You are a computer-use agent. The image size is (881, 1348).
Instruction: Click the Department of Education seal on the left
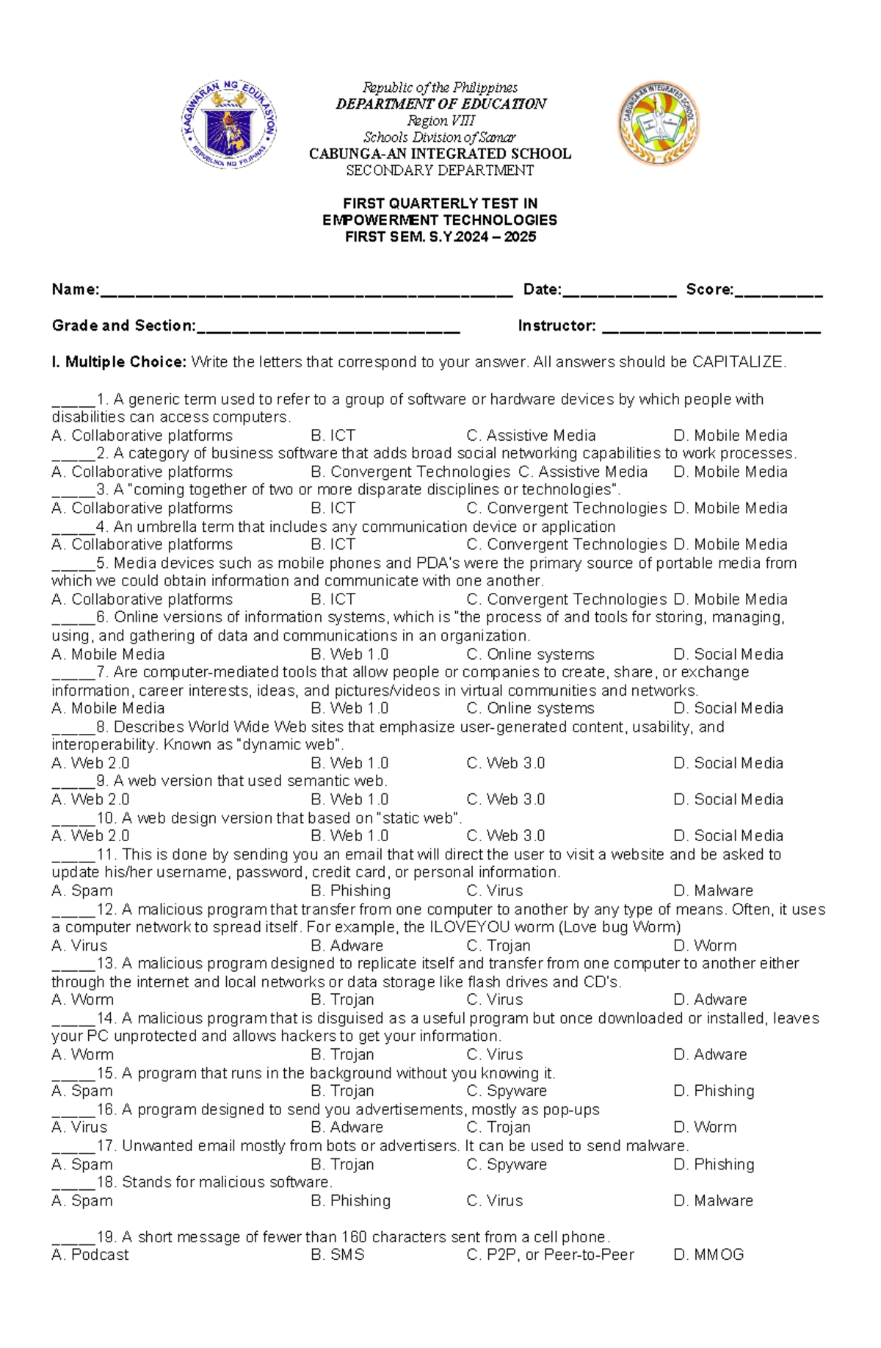(229, 124)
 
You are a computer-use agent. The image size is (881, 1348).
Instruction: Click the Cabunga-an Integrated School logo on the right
(658, 123)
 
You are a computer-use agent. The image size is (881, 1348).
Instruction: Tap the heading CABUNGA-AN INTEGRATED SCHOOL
(440, 154)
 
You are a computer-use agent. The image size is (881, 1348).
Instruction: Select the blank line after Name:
(305, 292)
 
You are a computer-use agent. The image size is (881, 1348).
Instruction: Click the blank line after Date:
(619, 292)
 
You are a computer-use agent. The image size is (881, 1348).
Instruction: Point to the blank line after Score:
(778, 292)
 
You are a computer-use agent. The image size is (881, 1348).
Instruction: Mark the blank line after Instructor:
(711, 329)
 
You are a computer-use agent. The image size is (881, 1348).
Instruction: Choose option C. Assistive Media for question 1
(531, 436)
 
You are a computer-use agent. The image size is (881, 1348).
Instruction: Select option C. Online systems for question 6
(530, 655)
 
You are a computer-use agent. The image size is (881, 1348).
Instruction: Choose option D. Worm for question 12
(705, 945)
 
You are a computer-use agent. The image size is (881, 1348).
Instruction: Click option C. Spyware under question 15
(507, 1091)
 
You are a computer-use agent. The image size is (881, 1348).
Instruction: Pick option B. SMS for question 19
(338, 1255)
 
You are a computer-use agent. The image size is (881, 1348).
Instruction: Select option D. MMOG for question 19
(708, 1255)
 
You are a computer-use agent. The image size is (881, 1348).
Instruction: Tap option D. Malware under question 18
(713, 1200)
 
